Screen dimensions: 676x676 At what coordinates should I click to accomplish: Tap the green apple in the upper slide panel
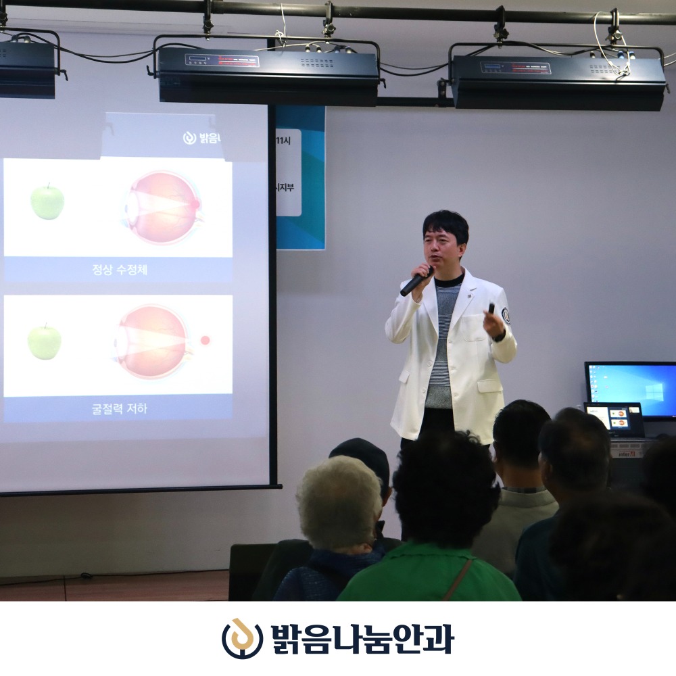coord(47,201)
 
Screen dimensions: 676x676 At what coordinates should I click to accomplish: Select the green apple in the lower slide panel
coord(45,342)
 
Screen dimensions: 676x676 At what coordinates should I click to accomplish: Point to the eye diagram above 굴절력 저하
coord(154,341)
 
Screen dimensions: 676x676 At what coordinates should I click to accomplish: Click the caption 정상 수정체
coord(119,270)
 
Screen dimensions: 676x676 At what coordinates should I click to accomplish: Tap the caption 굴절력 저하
coord(119,409)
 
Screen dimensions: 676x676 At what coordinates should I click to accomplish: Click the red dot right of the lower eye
coord(205,341)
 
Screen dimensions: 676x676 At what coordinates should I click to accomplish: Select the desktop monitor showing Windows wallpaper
coord(631,390)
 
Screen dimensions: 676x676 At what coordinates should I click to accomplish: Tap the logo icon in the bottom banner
coord(242,639)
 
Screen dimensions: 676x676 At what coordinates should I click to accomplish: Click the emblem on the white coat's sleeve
coord(505,315)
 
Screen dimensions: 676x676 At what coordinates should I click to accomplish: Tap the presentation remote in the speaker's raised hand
coord(491,309)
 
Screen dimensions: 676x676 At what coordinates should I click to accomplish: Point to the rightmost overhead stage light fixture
coord(558,79)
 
